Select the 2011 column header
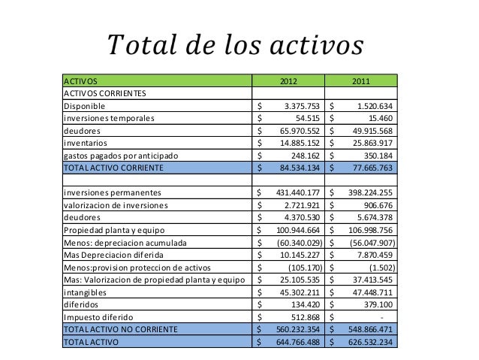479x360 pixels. coord(365,80)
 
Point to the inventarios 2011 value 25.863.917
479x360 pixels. coord(373,143)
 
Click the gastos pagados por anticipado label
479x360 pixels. coord(122,155)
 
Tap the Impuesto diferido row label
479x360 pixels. coord(98,316)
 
